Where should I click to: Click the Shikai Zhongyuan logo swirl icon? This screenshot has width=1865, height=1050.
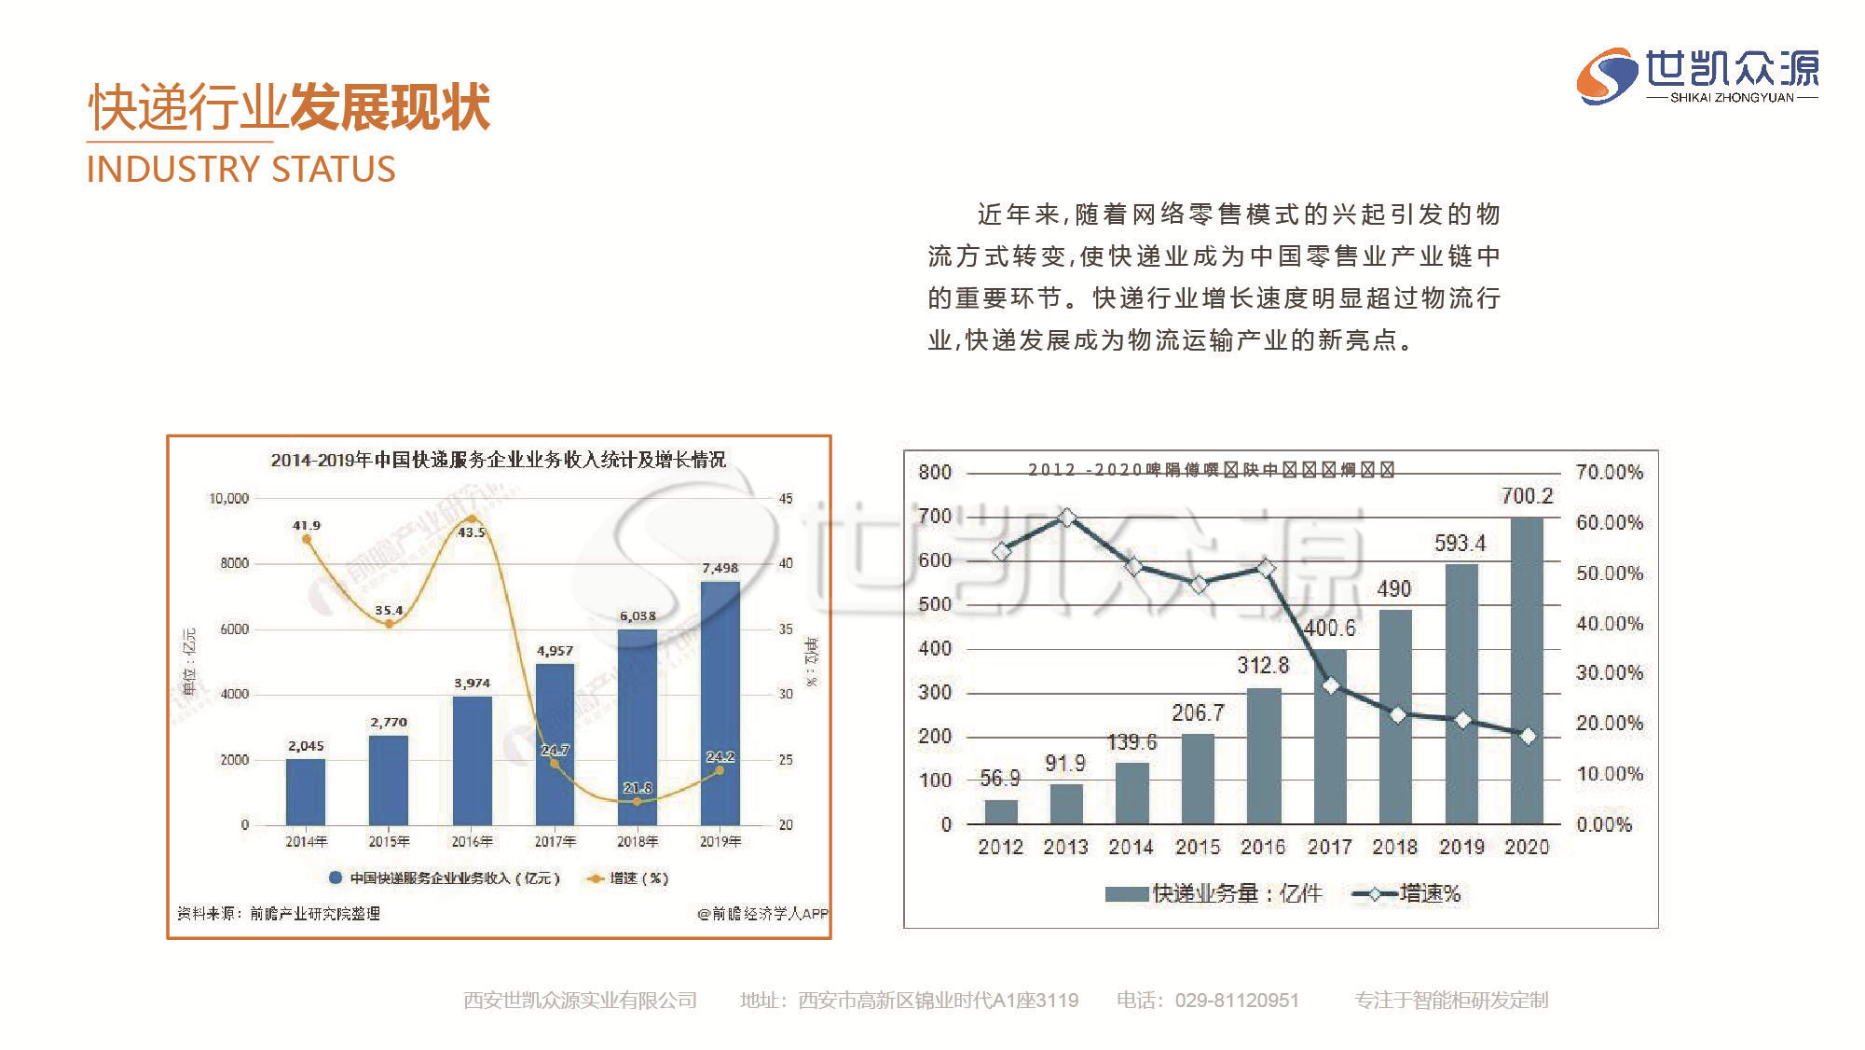pos(1606,76)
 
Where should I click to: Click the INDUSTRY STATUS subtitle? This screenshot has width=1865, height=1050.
pos(240,170)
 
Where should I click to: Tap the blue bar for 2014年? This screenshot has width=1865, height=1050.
pos(306,792)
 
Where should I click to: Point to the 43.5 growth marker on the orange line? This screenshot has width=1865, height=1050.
pos(472,519)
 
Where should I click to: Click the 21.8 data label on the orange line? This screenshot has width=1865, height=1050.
pos(638,788)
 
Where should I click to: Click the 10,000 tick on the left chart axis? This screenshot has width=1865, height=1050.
pos(228,499)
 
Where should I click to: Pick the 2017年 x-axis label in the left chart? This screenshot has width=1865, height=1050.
pos(555,841)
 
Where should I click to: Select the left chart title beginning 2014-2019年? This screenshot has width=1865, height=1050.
pos(498,460)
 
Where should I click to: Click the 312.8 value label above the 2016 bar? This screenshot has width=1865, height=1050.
pos(1263,665)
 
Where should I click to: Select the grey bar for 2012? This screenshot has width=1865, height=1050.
pos(1001,811)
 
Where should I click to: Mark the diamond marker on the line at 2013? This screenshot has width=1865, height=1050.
pos(1067,518)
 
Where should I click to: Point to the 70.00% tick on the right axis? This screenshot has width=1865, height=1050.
pos(1609,472)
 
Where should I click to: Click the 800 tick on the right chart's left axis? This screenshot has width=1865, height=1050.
pos(935,472)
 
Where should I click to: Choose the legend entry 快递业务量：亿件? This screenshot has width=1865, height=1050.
pos(1214,893)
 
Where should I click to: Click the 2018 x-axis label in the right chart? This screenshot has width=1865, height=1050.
pos(1394,847)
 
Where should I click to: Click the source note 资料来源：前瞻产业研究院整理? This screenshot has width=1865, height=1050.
pos(279,913)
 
